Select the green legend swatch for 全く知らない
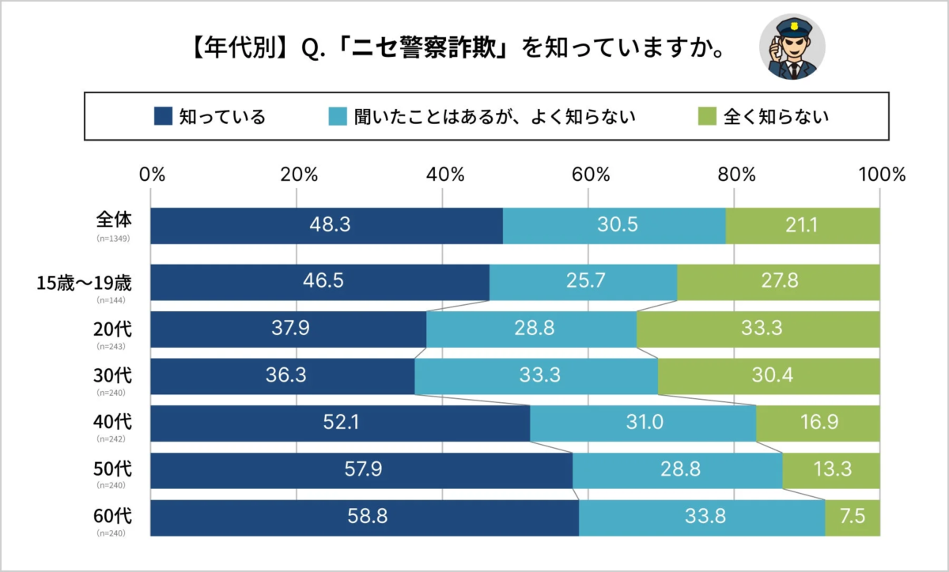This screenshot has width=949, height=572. tap(708, 117)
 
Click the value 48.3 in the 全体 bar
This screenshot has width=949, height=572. tap(330, 226)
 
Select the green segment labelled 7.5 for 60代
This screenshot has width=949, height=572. tap(853, 518)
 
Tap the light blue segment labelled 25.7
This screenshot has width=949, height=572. tap(584, 282)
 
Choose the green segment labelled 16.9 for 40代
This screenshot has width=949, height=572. tap(818, 423)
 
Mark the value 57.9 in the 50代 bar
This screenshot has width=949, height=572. tap(364, 471)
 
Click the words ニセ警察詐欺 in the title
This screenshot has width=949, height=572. tap(422, 49)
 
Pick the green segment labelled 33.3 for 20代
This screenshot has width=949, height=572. tap(758, 329)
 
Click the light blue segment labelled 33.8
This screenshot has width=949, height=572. tap(702, 518)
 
